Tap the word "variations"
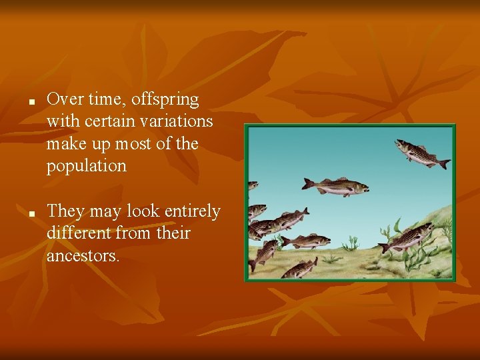click(175, 121)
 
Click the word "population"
click(86, 166)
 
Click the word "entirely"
click(191, 211)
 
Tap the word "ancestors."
click(83, 255)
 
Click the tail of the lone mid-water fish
click(308, 183)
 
